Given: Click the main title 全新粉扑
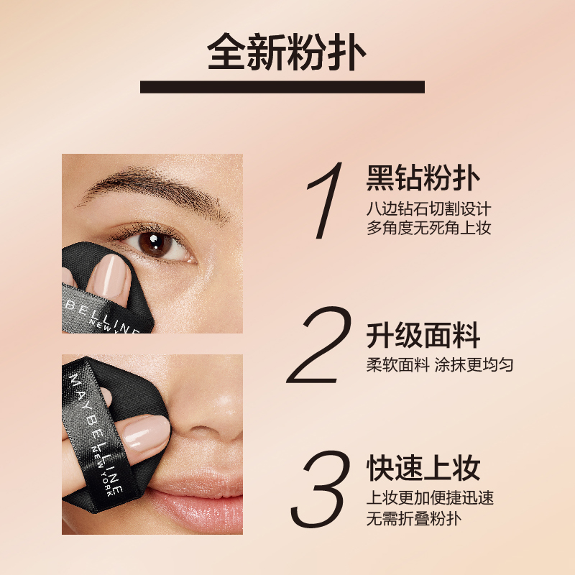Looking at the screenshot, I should pyautogui.click(x=287, y=51).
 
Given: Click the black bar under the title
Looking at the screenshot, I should pyautogui.click(x=282, y=87).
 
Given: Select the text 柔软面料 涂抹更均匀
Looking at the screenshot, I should pyautogui.click(x=439, y=365).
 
